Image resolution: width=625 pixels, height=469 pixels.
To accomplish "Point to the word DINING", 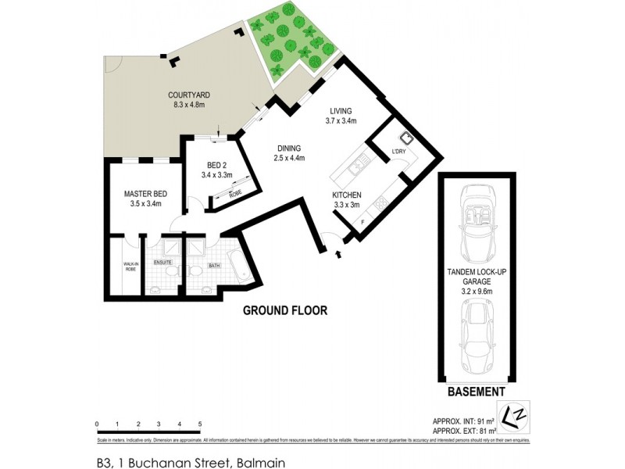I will click(x=288, y=148).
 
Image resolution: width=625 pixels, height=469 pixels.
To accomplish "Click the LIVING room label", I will click(x=341, y=111).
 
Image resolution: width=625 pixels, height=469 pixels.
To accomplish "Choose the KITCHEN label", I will click(x=346, y=195).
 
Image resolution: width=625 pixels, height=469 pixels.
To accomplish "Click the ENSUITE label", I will click(x=162, y=263).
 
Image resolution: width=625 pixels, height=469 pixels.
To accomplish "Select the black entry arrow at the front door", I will click(x=337, y=253).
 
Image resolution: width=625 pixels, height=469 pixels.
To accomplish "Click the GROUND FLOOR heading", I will click(x=284, y=310).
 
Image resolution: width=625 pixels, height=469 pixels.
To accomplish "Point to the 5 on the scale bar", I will click(x=200, y=424).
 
